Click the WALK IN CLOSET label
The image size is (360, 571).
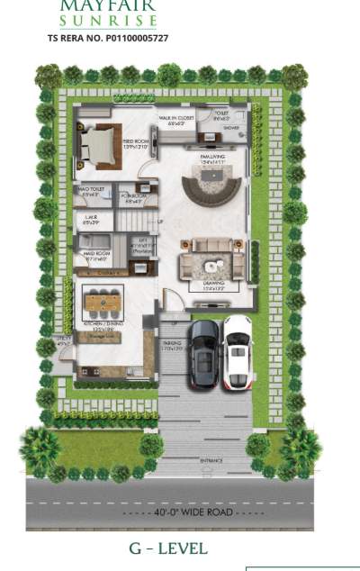[176, 120]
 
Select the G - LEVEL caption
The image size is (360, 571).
[169, 548]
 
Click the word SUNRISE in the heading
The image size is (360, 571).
[108, 20]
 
